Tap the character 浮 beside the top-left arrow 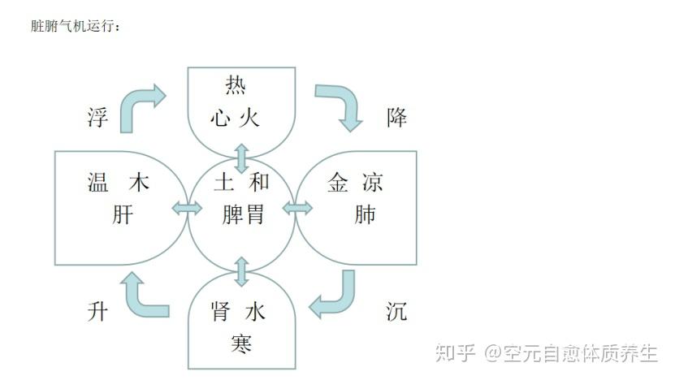[x=97, y=116]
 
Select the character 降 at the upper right [x=396, y=116]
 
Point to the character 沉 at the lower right [x=396, y=310]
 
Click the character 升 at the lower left [x=97, y=310]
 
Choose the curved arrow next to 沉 [x=336, y=297]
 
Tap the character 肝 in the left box [x=123, y=214]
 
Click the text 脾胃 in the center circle [x=241, y=214]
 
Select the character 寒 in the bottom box [x=241, y=344]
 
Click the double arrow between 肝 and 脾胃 [x=187, y=209]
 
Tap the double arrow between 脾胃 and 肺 [x=297, y=209]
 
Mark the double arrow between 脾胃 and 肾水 [x=241, y=270]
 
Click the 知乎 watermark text [x=455, y=352]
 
